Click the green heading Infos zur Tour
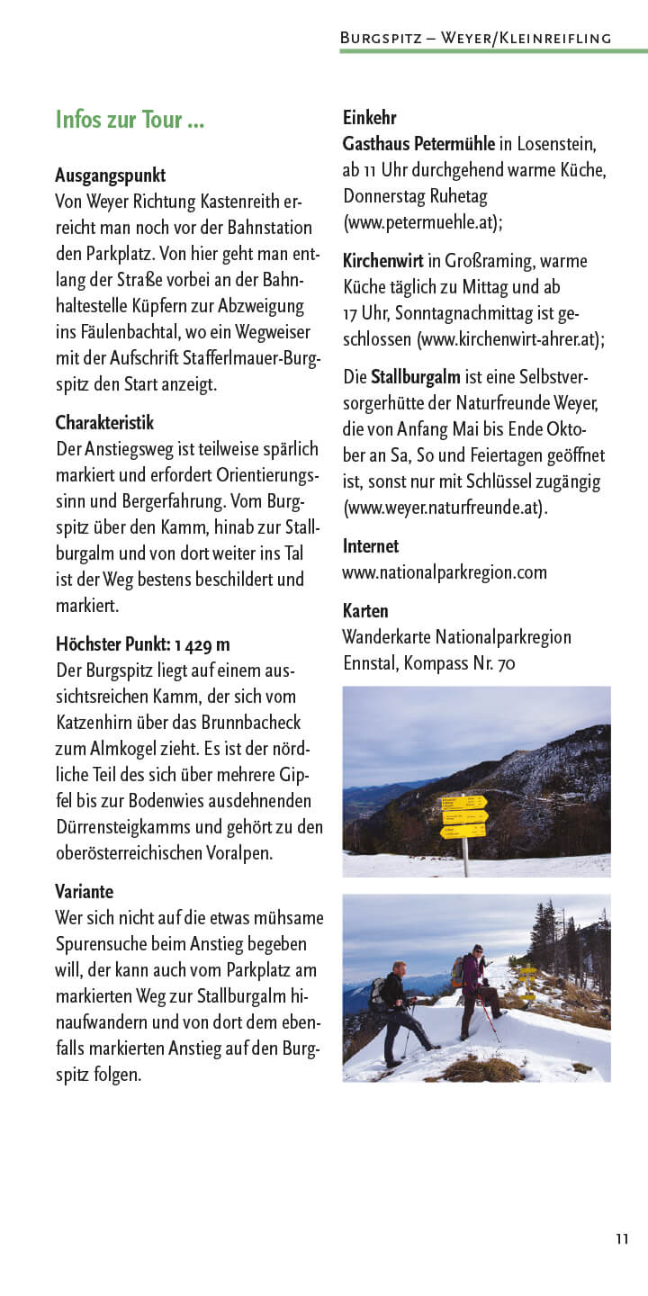pyautogui.click(x=130, y=120)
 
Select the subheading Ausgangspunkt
pyautogui.click(x=110, y=175)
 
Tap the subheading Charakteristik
pyautogui.click(x=104, y=422)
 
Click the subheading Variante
pyautogui.click(x=85, y=891)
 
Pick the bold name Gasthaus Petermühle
pyautogui.click(x=418, y=143)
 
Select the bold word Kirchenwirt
pyautogui.click(x=382, y=261)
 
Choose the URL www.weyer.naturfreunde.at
pyautogui.click(x=445, y=507)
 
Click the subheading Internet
pyautogui.click(x=371, y=545)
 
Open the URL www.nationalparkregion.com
pyautogui.click(x=445, y=572)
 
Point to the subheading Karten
pyautogui.click(x=365, y=611)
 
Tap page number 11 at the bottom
pyautogui.click(x=622, y=1239)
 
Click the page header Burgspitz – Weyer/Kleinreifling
pyautogui.click(x=475, y=38)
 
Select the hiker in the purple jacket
pyautogui.click(x=473, y=990)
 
